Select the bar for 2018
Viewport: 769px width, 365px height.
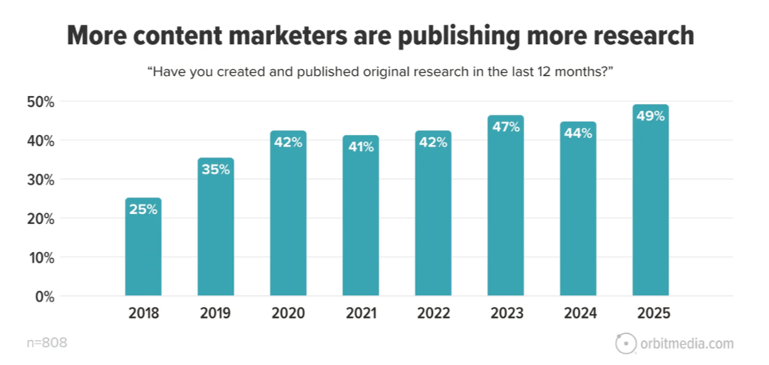click(143, 248)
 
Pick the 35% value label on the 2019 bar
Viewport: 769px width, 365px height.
click(215, 170)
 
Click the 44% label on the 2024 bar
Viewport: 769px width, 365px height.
click(578, 133)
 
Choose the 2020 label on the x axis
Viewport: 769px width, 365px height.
click(288, 314)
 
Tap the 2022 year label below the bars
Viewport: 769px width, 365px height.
click(433, 314)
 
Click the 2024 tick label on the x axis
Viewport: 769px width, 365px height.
click(578, 314)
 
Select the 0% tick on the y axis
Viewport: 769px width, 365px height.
click(44, 296)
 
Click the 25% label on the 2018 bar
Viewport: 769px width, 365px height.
click(143, 209)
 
